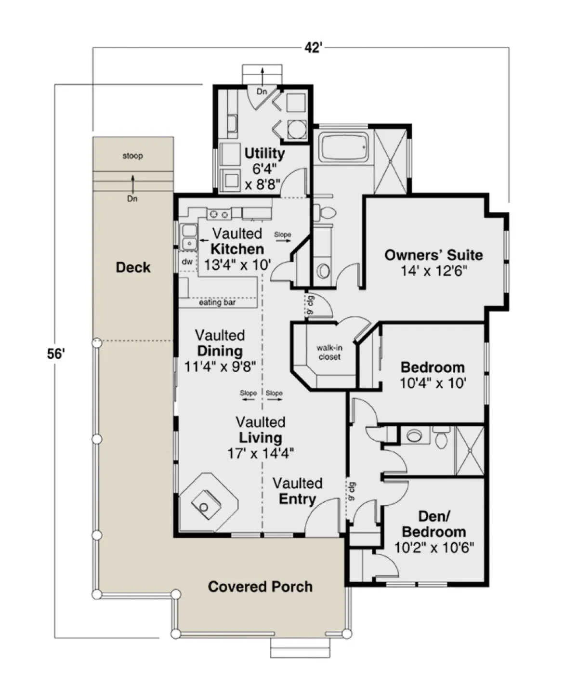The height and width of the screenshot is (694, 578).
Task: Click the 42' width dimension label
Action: pyautogui.click(x=313, y=48)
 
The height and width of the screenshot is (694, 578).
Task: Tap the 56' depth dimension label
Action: pyautogui.click(x=55, y=354)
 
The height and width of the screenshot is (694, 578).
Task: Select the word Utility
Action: pyautogui.click(x=264, y=154)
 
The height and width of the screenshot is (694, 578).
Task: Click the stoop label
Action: pyautogui.click(x=132, y=156)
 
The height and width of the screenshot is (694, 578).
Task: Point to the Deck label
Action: pyautogui.click(x=133, y=267)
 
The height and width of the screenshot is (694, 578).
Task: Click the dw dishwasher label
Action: pyautogui.click(x=187, y=262)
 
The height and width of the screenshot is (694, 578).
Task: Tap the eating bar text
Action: pyautogui.click(x=217, y=302)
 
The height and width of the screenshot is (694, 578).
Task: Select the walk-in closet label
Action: pyautogui.click(x=329, y=353)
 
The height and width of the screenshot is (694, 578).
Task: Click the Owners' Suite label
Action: pyautogui.click(x=433, y=255)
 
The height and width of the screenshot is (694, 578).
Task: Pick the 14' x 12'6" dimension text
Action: pyautogui.click(x=434, y=271)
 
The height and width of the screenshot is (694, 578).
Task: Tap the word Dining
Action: pyautogui.click(x=220, y=351)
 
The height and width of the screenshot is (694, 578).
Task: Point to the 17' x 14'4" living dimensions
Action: pyautogui.click(x=261, y=453)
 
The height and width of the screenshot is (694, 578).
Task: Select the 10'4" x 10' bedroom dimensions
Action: pyautogui.click(x=433, y=383)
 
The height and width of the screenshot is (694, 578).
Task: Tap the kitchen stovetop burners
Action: pyautogui.click(x=219, y=214)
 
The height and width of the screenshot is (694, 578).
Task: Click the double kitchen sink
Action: pyautogui.click(x=188, y=237)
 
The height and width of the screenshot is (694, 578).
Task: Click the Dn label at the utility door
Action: pyautogui.click(x=262, y=92)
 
